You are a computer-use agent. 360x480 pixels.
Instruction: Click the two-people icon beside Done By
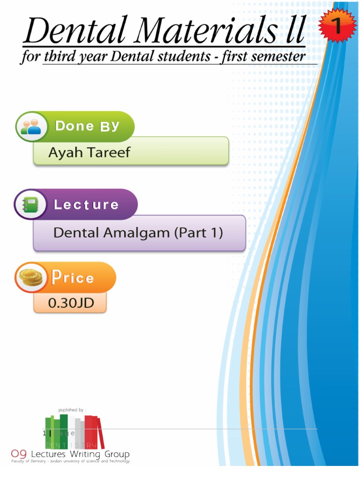tap(31, 127)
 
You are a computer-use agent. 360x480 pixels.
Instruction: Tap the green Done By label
tap(87, 126)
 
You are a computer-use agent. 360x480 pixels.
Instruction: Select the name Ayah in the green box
tap(65, 152)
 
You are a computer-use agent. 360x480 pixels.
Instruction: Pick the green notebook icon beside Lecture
tap(30, 205)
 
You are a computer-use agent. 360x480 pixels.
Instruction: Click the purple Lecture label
tap(86, 204)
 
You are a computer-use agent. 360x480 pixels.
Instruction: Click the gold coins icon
tap(31, 277)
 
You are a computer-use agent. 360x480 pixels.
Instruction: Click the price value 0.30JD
tap(71, 303)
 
